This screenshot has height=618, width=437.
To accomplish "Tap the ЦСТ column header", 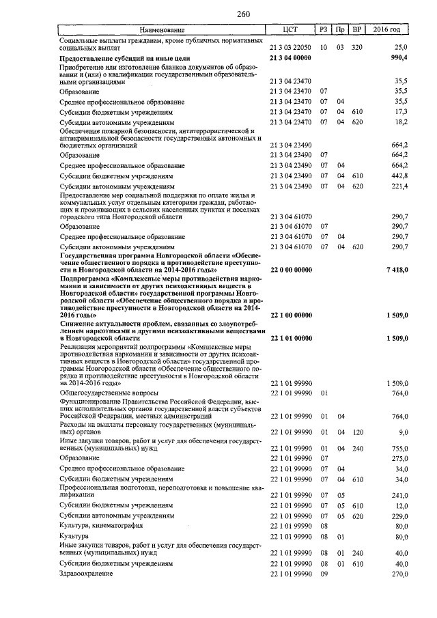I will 291,30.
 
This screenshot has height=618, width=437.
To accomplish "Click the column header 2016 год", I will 388,30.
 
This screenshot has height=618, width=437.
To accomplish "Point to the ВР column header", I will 356,30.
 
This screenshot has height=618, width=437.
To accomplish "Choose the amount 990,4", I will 397,59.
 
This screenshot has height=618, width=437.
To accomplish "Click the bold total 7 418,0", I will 395,270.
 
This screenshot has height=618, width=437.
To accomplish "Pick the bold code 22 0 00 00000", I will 291,270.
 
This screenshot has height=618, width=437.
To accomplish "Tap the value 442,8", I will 398,175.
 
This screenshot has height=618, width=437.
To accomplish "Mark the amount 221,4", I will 398,186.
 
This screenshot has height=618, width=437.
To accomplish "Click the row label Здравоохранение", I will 85,574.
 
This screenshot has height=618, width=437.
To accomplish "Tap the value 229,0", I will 398,516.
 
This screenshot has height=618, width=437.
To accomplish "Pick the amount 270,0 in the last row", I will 398,574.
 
